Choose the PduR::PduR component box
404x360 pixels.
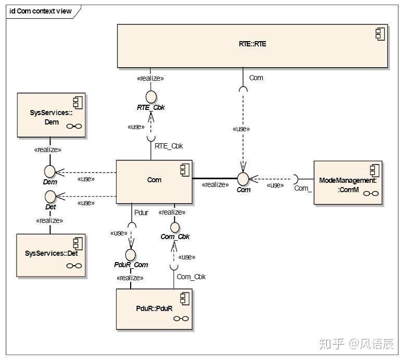pyautogui.click(x=154, y=310)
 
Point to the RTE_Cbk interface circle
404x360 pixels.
pyautogui.click(x=151, y=97)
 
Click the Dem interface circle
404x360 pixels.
pyautogui.click(x=50, y=171)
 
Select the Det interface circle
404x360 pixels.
pyautogui.click(x=50, y=196)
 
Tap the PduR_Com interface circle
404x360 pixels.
pyautogui.click(x=131, y=254)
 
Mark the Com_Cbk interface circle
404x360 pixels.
pyautogui.click(x=175, y=227)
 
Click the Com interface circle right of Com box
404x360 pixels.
pyautogui.click(x=243, y=179)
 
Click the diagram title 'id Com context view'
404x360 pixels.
pyautogui.click(x=41, y=11)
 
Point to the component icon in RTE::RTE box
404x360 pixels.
pyautogui.click(x=379, y=34)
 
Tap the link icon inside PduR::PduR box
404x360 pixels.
pyautogui.click(x=181, y=319)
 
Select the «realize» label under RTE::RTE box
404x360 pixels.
pyautogui.click(x=150, y=78)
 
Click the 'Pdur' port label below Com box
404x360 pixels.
pyautogui.click(x=141, y=213)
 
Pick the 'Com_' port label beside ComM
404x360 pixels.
pyautogui.click(x=303, y=188)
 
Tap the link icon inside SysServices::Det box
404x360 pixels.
pyautogui.click(x=74, y=266)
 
